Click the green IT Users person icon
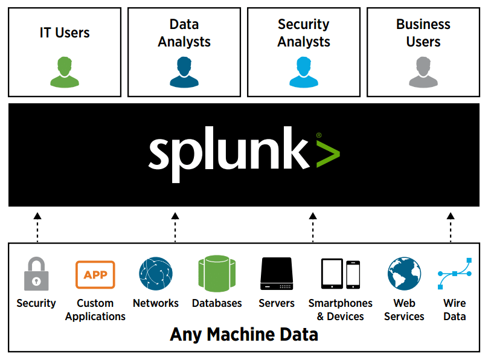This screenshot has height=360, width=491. [65, 72]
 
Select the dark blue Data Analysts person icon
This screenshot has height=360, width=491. [184, 72]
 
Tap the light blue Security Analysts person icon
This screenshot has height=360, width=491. [304, 72]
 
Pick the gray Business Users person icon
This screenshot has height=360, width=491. [423, 72]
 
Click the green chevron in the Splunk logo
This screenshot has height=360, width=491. [328, 154]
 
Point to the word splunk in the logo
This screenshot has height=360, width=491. [229, 153]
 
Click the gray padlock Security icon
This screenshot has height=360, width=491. [36, 274]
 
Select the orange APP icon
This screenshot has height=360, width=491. [95, 274]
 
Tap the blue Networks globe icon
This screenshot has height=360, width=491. [156, 274]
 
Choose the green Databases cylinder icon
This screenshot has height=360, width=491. [217, 274]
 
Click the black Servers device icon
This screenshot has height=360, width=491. [277, 274]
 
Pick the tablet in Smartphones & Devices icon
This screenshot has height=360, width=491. [332, 274]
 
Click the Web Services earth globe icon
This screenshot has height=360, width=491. [404, 274]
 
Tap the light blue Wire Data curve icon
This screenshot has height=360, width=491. [455, 274]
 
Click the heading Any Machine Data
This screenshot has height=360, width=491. [244, 335]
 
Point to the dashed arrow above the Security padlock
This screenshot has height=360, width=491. [37, 228]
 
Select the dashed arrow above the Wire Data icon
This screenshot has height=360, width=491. [451, 228]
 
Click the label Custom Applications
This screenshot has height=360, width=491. [95, 310]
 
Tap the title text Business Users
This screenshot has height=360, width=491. [423, 33]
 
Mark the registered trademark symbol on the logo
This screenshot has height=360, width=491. [319, 135]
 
